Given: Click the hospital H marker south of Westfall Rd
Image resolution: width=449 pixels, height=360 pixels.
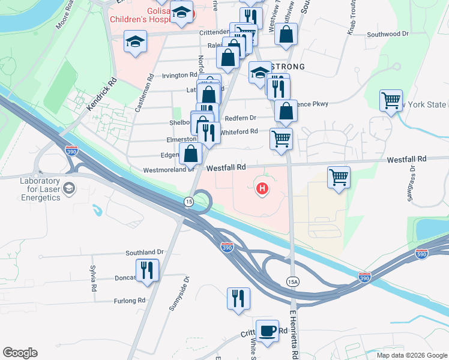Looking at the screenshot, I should pos(262,189).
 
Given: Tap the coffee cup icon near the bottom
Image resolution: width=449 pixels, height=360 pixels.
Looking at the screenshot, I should pos(267,330).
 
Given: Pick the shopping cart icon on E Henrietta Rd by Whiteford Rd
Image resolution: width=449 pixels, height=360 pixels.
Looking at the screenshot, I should pos(281,139).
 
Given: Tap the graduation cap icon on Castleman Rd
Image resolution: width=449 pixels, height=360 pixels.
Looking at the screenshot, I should pos(135,43).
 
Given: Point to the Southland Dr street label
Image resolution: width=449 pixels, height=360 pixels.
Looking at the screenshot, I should pos(145,253).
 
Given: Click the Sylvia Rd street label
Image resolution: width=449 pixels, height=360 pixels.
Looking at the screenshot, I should pos(94,279).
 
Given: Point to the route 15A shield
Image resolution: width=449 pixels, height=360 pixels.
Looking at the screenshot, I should pos(293,281).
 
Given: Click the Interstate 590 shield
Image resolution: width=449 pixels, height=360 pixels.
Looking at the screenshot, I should pos(422,254).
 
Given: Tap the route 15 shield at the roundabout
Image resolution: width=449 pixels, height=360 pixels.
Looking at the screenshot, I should pos(189,201).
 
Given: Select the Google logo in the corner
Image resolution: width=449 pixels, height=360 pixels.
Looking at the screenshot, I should pos(20,353).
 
